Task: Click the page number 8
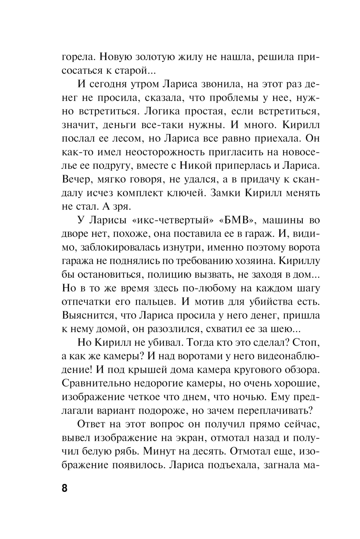(x=65, y=489)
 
